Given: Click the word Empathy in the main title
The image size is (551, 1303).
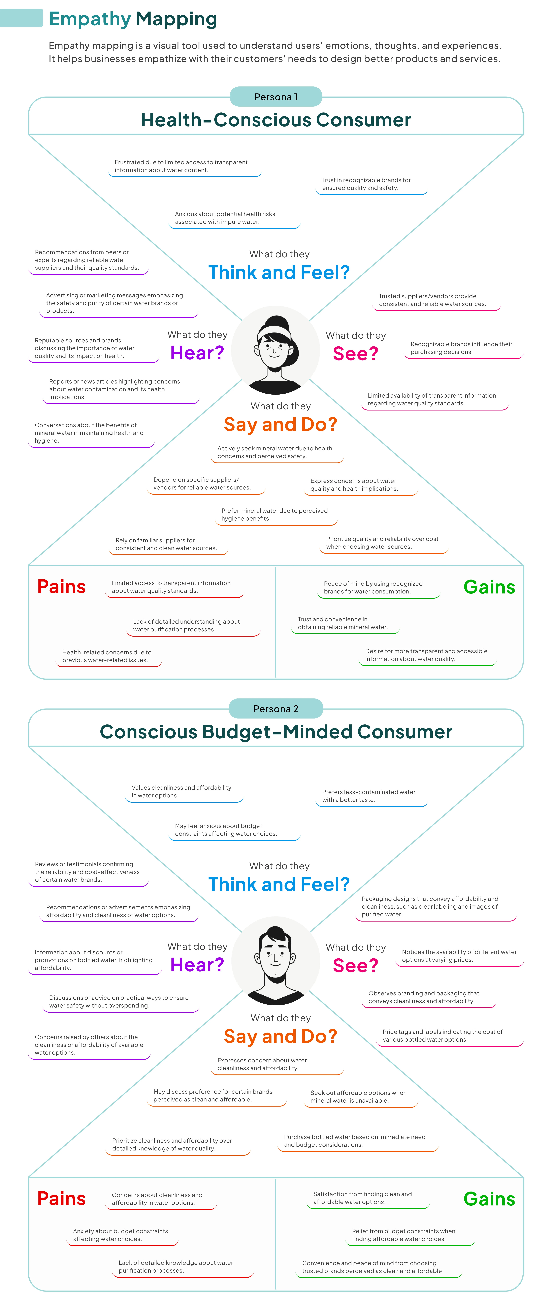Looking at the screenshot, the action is point(90,19).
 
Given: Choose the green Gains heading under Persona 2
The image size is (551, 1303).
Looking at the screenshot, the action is point(489,1199).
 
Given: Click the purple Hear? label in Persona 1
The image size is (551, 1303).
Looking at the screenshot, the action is point(197,353).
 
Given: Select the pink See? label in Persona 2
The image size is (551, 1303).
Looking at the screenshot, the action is point(355,966).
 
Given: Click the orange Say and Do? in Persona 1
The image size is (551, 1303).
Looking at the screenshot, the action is point(281,424).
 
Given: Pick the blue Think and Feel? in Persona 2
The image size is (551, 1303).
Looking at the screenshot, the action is point(279,884).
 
